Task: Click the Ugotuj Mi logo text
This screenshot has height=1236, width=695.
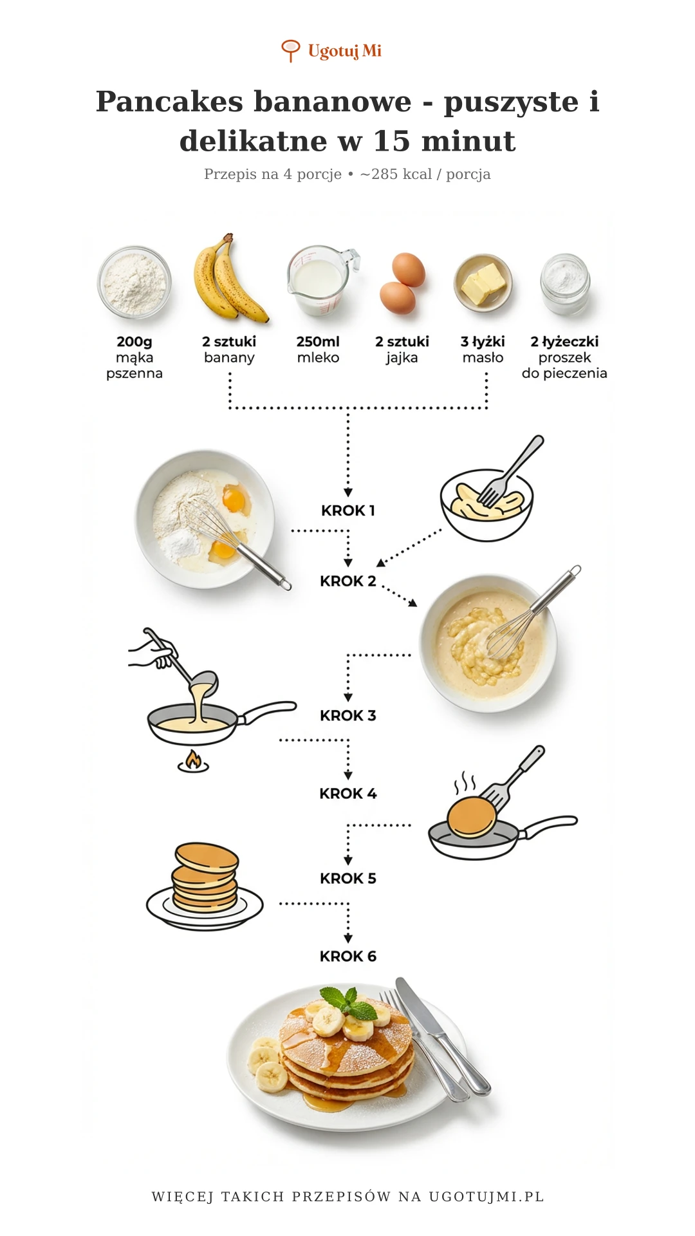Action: pos(344,51)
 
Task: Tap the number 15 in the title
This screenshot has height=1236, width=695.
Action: pos(391,141)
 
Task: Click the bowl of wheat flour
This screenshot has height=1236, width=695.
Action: pos(134,282)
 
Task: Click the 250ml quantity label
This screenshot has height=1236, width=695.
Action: pos(318,342)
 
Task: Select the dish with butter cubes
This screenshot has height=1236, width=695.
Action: pos(483,283)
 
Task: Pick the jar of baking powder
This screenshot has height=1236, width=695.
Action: pos(565,284)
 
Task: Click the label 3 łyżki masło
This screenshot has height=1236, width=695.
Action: pos(483,350)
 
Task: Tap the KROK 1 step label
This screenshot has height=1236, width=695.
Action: pos(348,510)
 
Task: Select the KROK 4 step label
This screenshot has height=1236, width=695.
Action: pos(348,794)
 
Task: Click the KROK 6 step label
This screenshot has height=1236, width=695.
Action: pos(348,957)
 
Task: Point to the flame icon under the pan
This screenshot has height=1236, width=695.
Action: pos(193,761)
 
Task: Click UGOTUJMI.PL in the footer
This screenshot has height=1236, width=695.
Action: pos(486,1197)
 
